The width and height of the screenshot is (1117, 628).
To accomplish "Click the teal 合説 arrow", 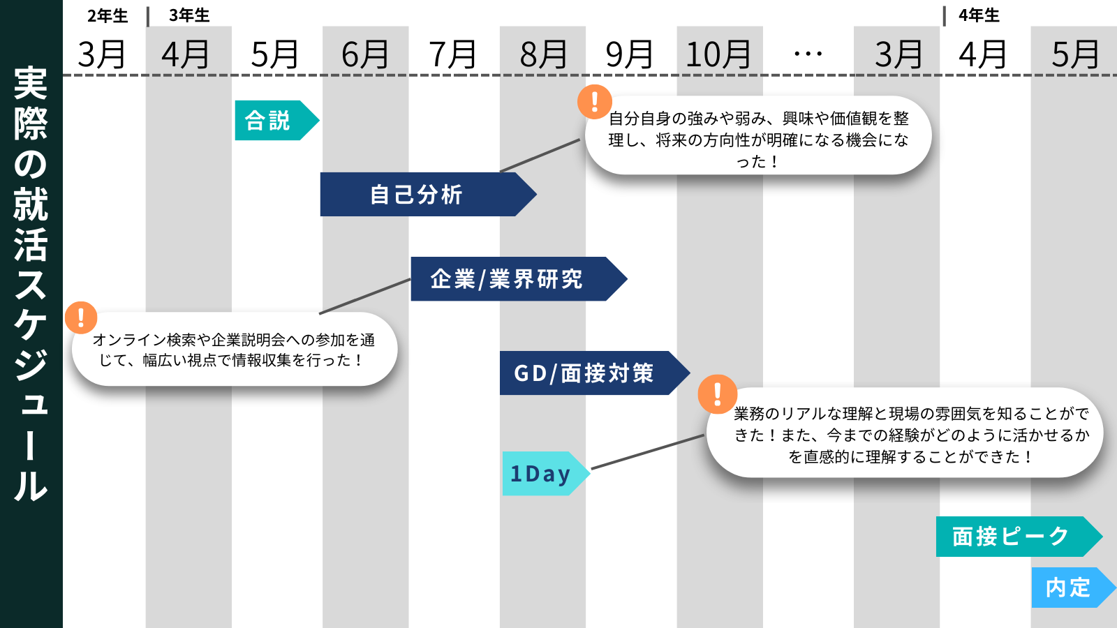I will point(272,121).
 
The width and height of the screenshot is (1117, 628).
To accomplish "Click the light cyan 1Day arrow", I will point(542,474).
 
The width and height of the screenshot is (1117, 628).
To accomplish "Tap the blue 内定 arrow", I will point(1069,588).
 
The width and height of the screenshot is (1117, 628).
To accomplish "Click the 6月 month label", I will point(365,54).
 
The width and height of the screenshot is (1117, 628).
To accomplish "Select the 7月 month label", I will point(453,54).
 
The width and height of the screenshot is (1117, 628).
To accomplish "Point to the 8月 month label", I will point(543,54).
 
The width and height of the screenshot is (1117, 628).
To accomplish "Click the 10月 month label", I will point(718,54).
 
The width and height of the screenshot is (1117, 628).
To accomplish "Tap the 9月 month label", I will point(630,54).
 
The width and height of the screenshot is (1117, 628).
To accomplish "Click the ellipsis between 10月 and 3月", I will point(808,54).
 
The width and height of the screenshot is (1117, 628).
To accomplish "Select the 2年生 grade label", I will point(108,15).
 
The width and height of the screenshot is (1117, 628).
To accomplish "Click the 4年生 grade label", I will point(979,15).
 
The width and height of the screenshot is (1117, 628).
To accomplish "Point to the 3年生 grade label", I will point(189,15).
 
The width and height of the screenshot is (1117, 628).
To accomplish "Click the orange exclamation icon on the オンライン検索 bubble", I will point(81,317).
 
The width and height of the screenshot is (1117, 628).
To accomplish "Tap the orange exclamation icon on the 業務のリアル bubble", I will point(717,394).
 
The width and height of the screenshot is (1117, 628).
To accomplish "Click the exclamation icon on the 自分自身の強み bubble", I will point(595,101).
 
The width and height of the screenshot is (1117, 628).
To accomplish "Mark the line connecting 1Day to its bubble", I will point(647,452).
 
